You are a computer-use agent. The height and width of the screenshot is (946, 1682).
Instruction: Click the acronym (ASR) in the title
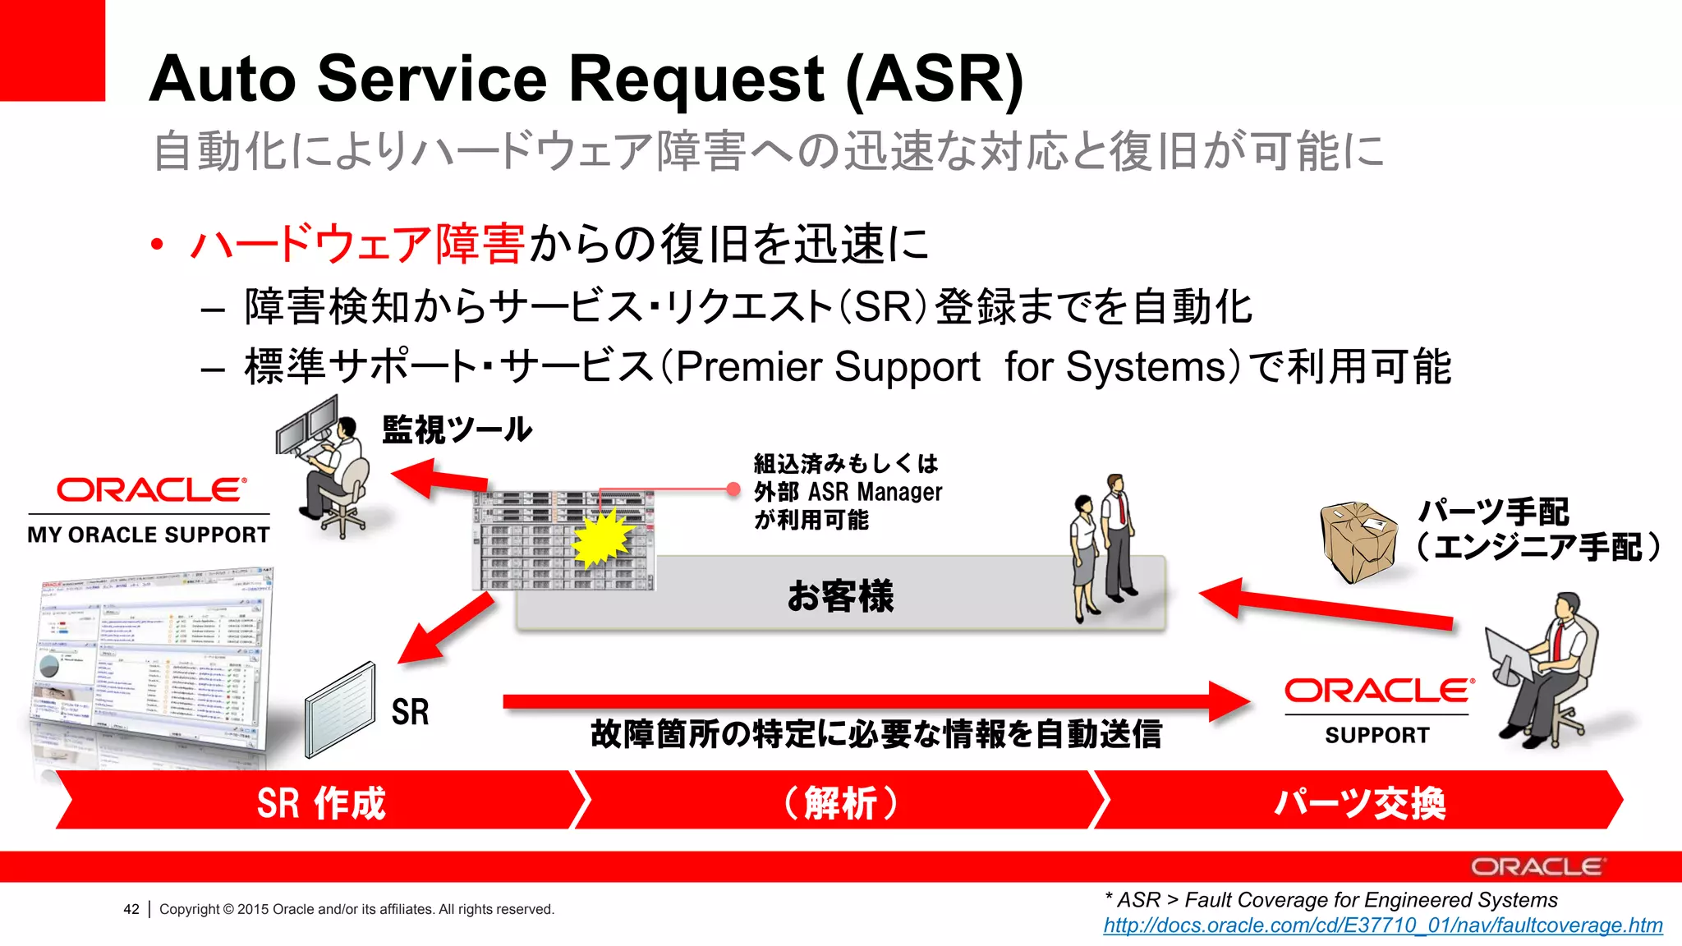(x=935, y=80)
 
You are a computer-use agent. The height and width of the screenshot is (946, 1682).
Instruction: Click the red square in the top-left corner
(x=52, y=49)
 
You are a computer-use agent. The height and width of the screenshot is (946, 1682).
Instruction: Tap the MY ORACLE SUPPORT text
(x=149, y=535)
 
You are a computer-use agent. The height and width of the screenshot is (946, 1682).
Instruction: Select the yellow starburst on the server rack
(x=603, y=538)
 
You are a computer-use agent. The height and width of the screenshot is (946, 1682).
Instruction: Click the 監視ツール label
(x=457, y=429)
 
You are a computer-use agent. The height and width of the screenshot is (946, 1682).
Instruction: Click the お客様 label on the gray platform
(x=839, y=595)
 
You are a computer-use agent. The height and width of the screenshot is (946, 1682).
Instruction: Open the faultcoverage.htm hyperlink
(x=1382, y=925)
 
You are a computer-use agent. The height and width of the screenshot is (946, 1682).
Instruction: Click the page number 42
(x=131, y=909)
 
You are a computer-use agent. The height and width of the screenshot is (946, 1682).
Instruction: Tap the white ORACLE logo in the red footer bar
(x=1537, y=867)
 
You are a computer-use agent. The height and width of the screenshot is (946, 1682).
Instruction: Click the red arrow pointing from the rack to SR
(x=446, y=628)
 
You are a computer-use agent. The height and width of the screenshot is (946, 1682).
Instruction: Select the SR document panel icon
(x=340, y=711)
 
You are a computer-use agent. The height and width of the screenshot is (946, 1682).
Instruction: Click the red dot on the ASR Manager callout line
(x=733, y=489)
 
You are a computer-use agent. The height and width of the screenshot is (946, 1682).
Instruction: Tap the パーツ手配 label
(x=1493, y=512)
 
